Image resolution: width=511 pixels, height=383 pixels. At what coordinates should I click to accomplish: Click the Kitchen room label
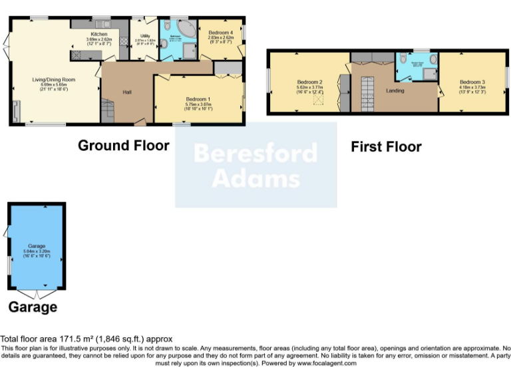click(99, 34)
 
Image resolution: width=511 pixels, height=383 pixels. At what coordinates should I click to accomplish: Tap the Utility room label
click(144, 35)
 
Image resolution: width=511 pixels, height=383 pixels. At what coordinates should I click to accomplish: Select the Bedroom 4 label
click(220, 33)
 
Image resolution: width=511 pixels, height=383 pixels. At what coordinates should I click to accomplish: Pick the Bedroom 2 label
click(309, 82)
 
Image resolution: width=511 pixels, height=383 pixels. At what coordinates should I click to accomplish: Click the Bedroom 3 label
click(471, 82)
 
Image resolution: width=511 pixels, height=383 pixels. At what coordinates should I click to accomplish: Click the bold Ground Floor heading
click(123, 145)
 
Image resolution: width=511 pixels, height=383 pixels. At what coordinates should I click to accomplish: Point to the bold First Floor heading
click(386, 146)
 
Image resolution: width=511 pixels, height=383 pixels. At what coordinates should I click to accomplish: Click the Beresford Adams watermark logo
click(255, 166)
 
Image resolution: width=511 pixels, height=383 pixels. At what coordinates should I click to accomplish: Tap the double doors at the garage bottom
click(38, 295)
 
